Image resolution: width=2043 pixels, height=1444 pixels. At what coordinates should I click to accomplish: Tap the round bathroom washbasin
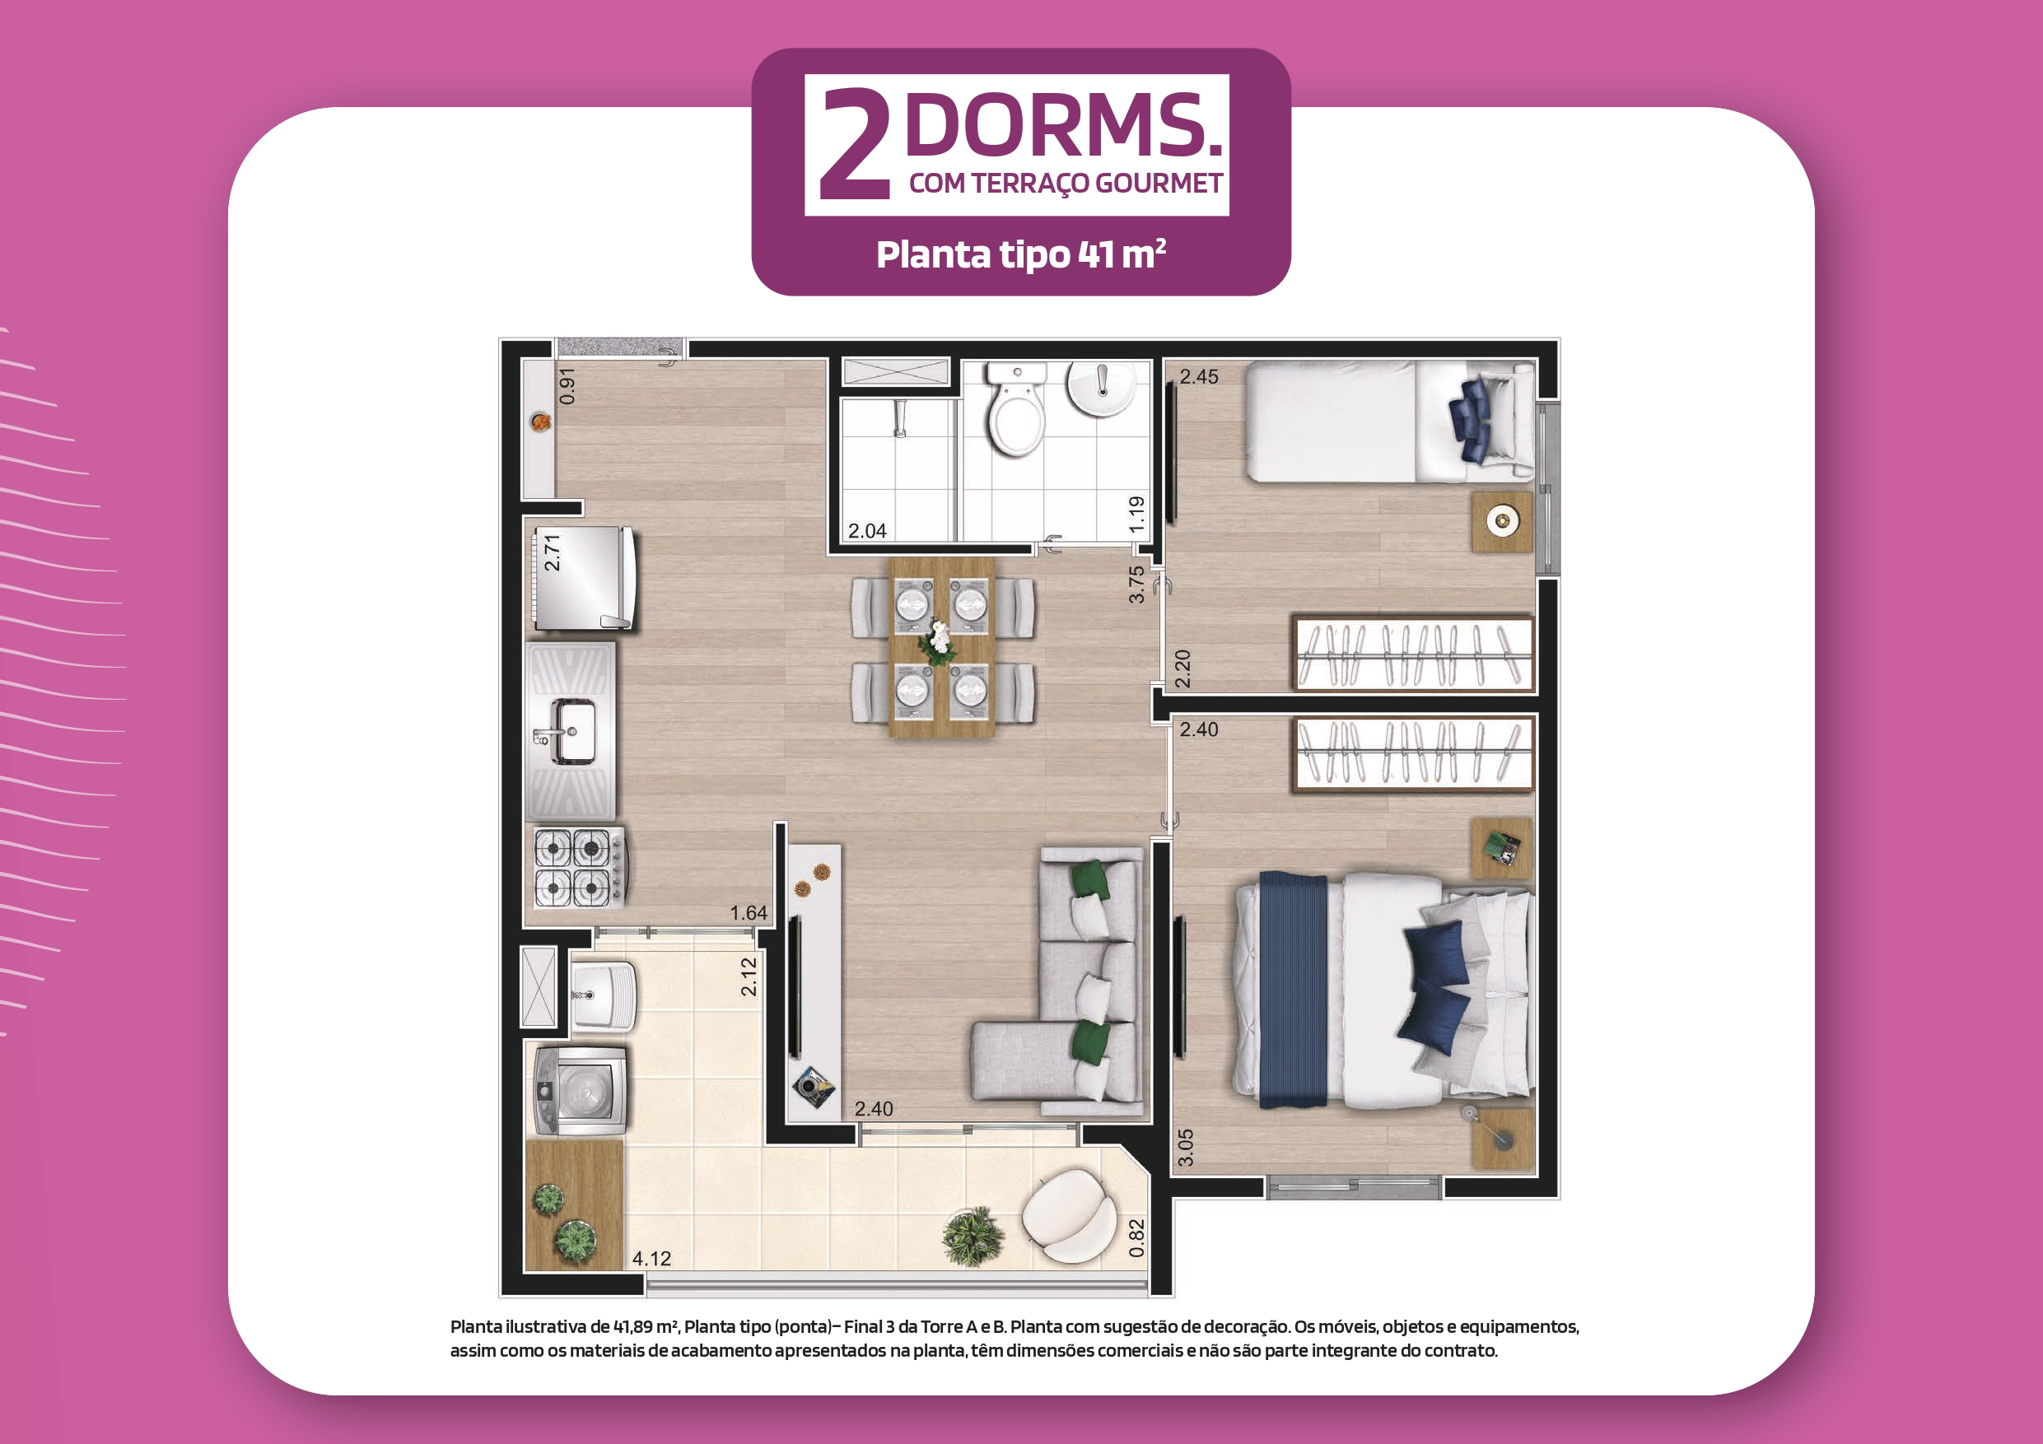tap(1101, 388)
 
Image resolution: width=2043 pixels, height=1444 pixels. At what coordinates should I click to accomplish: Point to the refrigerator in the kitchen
tap(584, 578)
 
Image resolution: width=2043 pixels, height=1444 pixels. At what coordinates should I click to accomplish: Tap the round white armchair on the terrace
tap(1069, 1215)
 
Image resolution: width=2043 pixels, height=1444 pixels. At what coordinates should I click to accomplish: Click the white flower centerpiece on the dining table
tap(938, 641)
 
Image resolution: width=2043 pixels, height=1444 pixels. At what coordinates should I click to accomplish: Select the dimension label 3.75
tap(1136, 585)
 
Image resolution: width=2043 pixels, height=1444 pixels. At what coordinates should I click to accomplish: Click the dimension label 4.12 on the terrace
tap(651, 1258)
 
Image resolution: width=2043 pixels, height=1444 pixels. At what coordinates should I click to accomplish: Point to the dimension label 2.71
tap(553, 552)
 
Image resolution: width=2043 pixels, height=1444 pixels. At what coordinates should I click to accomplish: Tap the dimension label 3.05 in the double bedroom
tap(1185, 1148)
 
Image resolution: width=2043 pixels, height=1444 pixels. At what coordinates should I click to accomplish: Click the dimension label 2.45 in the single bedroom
tap(1199, 376)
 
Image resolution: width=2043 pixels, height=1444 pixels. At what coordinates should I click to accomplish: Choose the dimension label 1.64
tap(749, 913)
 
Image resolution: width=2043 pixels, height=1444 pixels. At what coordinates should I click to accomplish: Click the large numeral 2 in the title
tap(855, 144)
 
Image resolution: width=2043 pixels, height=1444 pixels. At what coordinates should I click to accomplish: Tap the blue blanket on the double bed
tap(1293, 990)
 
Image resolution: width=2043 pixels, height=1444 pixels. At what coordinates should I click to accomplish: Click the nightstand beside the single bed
tap(1502, 521)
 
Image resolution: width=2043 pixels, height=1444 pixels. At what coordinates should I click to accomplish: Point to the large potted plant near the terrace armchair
tap(973, 1236)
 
